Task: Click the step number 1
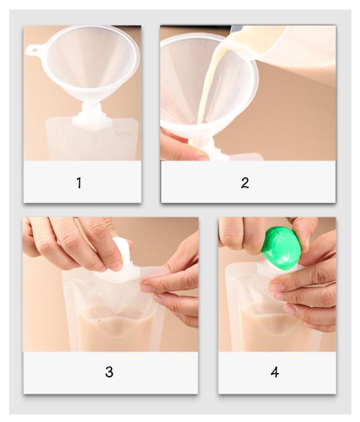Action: pos(79,183)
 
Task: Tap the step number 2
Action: pos(245,183)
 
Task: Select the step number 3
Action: pos(109,372)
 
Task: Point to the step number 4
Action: pos(274,372)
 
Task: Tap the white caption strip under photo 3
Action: pos(111,372)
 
